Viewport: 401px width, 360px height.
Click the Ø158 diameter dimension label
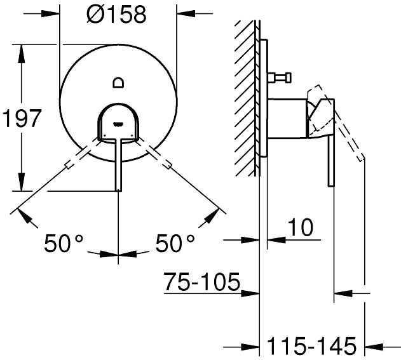(116, 15)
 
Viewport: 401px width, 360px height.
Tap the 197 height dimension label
(22, 118)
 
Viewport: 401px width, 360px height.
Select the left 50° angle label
(64, 243)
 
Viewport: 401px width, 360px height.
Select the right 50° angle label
(175, 243)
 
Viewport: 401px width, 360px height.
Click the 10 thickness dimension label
(300, 227)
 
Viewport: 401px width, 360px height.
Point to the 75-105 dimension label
(202, 282)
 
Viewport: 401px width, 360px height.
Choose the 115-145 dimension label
(311, 345)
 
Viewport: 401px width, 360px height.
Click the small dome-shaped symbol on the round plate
(118, 83)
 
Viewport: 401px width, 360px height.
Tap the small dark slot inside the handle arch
(118, 124)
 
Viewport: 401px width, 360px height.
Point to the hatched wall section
(245, 98)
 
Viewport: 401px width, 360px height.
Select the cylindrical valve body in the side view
(287, 119)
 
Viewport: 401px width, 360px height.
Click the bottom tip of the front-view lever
(118, 190)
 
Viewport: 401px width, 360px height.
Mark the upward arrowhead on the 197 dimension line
(22, 53)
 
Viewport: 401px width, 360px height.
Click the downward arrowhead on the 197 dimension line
(22, 182)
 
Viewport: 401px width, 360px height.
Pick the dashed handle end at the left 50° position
(69, 165)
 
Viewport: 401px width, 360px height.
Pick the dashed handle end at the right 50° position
(167, 165)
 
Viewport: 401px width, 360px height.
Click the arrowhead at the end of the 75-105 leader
(250, 293)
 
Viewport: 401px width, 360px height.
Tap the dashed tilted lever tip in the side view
(361, 158)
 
